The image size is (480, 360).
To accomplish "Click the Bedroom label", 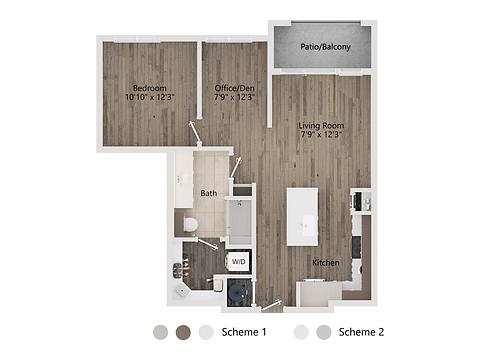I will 148,88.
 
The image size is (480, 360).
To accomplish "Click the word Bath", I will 208,193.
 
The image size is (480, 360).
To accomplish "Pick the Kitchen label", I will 326,263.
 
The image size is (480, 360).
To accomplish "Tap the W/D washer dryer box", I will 238,262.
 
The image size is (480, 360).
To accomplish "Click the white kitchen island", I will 303,216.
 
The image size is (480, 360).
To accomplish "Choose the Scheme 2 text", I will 362,331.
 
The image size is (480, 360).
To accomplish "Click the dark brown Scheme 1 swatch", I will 183,332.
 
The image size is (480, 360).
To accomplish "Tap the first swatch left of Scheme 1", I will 161,332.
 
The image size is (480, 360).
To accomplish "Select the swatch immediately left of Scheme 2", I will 322,332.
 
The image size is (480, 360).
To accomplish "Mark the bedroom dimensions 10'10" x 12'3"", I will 150,98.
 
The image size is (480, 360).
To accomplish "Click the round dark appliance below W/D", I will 238,291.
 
